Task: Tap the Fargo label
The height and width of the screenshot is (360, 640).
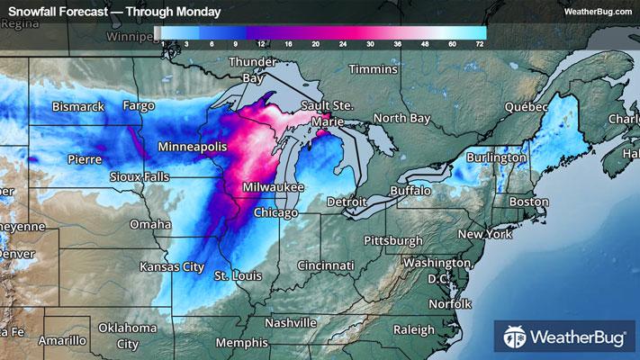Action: [x=139, y=105]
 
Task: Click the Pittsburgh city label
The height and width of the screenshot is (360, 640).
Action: [x=392, y=240]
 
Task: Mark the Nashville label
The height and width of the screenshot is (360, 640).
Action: [x=292, y=322]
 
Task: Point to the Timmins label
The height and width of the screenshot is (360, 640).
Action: [x=373, y=69]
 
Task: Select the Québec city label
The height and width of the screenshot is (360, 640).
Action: [x=526, y=105]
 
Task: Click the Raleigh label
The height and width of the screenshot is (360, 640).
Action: [x=414, y=329]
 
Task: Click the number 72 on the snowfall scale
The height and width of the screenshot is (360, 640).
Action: [x=480, y=43]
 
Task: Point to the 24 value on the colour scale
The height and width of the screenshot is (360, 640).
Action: [x=344, y=43]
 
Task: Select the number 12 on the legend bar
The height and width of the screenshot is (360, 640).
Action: [x=260, y=43]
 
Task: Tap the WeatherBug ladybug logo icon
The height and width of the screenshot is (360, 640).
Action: [x=513, y=338]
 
